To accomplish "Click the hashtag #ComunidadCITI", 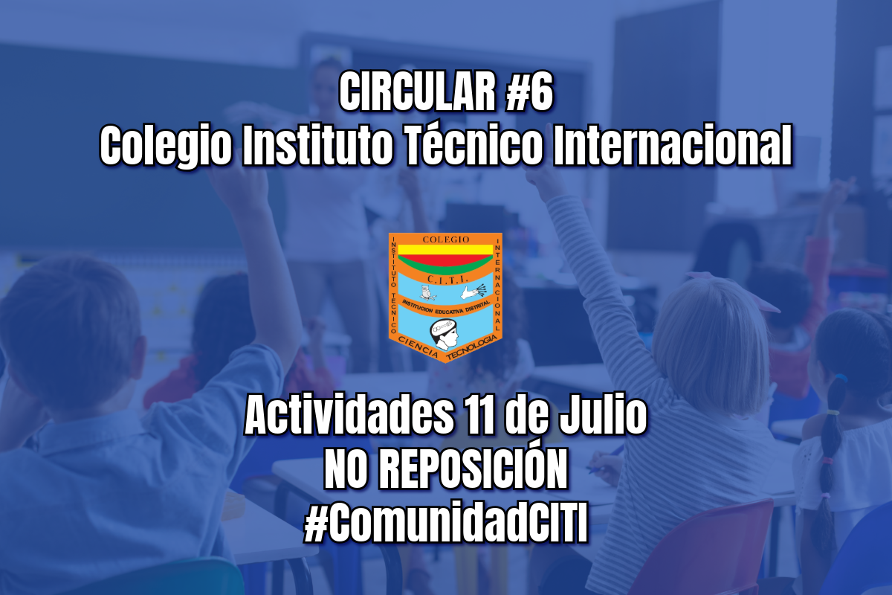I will (x=446, y=525).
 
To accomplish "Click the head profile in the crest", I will (x=445, y=330).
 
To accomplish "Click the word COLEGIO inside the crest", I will (x=446, y=239).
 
